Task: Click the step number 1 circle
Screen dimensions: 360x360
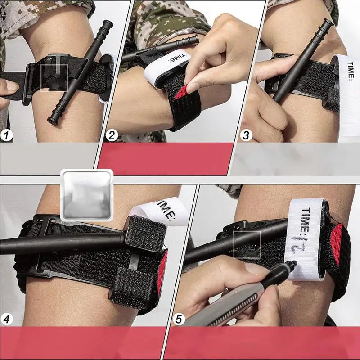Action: coord(8,135)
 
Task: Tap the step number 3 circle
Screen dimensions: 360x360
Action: coord(246,135)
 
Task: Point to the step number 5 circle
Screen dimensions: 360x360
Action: coord(180,319)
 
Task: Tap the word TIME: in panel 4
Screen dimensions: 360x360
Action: coord(165,212)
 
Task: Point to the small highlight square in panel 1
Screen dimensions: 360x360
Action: coord(54,78)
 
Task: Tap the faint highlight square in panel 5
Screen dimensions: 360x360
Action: coord(247,245)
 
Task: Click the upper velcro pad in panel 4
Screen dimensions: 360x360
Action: coord(145,234)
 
